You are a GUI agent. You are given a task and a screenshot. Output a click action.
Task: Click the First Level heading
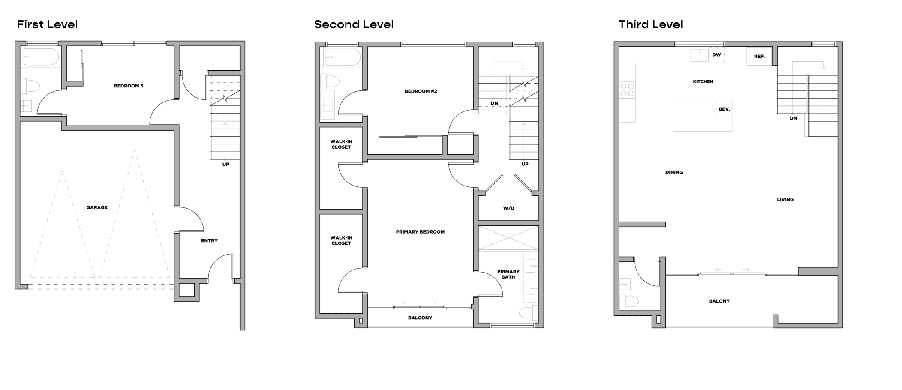47,24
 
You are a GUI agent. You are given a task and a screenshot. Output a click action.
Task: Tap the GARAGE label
97,207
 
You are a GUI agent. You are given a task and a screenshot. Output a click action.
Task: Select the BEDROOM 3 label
129,86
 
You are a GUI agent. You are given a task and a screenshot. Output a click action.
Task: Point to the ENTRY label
209,241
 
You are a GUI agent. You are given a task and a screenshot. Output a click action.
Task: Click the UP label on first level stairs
225,165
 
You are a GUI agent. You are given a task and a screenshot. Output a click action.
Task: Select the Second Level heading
354,24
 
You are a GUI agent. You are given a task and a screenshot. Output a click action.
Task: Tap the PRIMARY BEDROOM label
420,232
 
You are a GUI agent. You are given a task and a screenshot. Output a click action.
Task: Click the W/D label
508,208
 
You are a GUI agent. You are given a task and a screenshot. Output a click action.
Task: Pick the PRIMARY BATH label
508,274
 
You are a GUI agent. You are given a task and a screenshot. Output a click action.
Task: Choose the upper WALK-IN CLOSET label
341,144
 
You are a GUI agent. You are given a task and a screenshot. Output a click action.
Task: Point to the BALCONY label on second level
420,318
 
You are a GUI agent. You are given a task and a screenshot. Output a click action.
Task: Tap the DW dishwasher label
716,55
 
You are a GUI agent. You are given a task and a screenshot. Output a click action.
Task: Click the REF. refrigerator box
759,56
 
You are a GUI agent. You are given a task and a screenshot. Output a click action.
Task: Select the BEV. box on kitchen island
724,109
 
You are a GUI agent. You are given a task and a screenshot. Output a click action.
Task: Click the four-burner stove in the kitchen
627,90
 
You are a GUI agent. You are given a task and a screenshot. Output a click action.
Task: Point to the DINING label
674,172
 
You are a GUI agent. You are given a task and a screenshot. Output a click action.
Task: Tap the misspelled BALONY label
719,301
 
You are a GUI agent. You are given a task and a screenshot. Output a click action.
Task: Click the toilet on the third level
628,301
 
